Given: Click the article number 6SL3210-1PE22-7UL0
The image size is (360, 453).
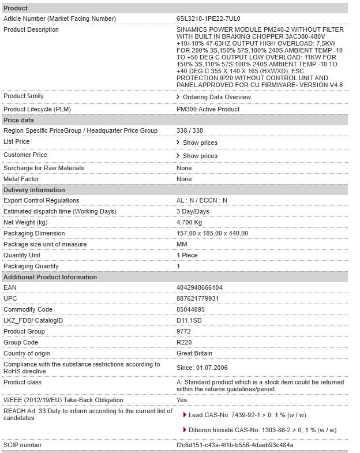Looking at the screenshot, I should pos(208,18).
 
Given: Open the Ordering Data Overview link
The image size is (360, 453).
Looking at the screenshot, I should pos(216,97).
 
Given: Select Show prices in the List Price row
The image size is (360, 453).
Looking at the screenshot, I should pos(200,143).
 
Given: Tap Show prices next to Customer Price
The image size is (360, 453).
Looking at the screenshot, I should pos(200,156).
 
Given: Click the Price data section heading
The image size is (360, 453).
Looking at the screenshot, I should pos(18,120).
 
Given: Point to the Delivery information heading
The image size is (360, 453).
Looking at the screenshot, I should pos(34,190).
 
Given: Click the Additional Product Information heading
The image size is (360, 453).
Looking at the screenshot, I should pos(50,277).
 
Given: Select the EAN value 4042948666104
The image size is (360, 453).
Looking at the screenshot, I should pos(199,287).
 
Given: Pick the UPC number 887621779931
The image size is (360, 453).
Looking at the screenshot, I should pos(197,298).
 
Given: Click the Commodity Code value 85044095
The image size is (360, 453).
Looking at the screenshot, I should pos(190,309).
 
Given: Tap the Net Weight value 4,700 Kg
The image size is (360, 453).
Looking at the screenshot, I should pos(189,222).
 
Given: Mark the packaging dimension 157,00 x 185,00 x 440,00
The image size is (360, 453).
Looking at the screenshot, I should pos(212,233).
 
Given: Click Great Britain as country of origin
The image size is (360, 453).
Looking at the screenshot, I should pos(194,353).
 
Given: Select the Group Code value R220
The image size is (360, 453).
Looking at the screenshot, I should pos(184,342).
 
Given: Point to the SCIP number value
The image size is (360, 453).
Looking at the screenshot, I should pos(235,445).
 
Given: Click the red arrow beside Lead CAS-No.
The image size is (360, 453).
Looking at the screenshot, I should pos(185,414).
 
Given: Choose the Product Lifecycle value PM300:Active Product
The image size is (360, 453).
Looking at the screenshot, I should pos(208,109).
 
